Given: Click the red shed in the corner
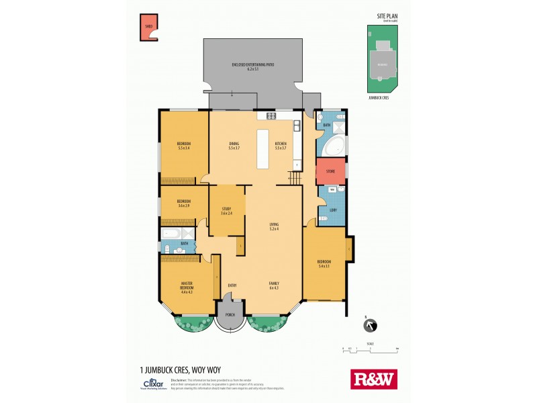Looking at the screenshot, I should point(148,28).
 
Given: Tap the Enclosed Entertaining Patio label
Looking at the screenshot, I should point(252,66).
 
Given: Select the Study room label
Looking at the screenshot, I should point(226,212).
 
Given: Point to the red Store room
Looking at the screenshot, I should point(330,171).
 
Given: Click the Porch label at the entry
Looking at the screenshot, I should point(230,315).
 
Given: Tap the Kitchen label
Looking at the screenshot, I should point(281,145).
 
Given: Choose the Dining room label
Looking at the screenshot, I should point(234,145).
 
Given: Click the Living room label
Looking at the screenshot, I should point(274,226).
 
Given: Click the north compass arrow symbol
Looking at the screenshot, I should point(369,326).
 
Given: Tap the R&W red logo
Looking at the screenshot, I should point(374,379).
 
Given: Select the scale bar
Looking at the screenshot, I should point(370,349).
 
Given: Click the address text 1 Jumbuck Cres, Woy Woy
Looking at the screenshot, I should point(180,369).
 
